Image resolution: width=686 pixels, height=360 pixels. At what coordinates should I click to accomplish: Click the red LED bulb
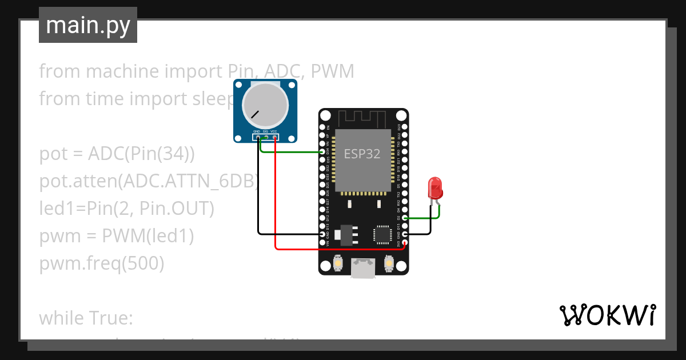tap(435, 187)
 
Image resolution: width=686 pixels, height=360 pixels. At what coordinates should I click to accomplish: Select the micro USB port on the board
tap(364, 269)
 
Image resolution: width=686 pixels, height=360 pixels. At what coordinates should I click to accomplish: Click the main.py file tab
tap(88, 26)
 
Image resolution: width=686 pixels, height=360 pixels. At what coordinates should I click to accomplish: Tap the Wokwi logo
tap(607, 315)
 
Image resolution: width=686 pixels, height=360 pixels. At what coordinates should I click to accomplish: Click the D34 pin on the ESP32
tap(323, 153)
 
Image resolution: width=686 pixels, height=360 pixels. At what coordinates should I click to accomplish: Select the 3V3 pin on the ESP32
tap(405, 243)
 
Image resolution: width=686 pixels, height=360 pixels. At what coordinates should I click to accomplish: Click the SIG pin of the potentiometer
tap(266, 137)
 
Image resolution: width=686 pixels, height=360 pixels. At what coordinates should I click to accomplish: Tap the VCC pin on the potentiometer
tap(275, 137)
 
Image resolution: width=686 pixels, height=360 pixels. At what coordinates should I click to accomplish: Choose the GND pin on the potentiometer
tap(257, 137)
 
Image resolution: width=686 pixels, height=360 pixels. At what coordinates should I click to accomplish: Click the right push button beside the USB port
tap(389, 263)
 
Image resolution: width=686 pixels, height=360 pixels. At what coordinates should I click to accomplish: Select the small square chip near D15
tap(382, 234)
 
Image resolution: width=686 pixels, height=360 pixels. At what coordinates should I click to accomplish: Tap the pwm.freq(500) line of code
tap(102, 263)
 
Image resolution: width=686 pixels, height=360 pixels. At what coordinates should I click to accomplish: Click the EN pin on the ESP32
tap(323, 127)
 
